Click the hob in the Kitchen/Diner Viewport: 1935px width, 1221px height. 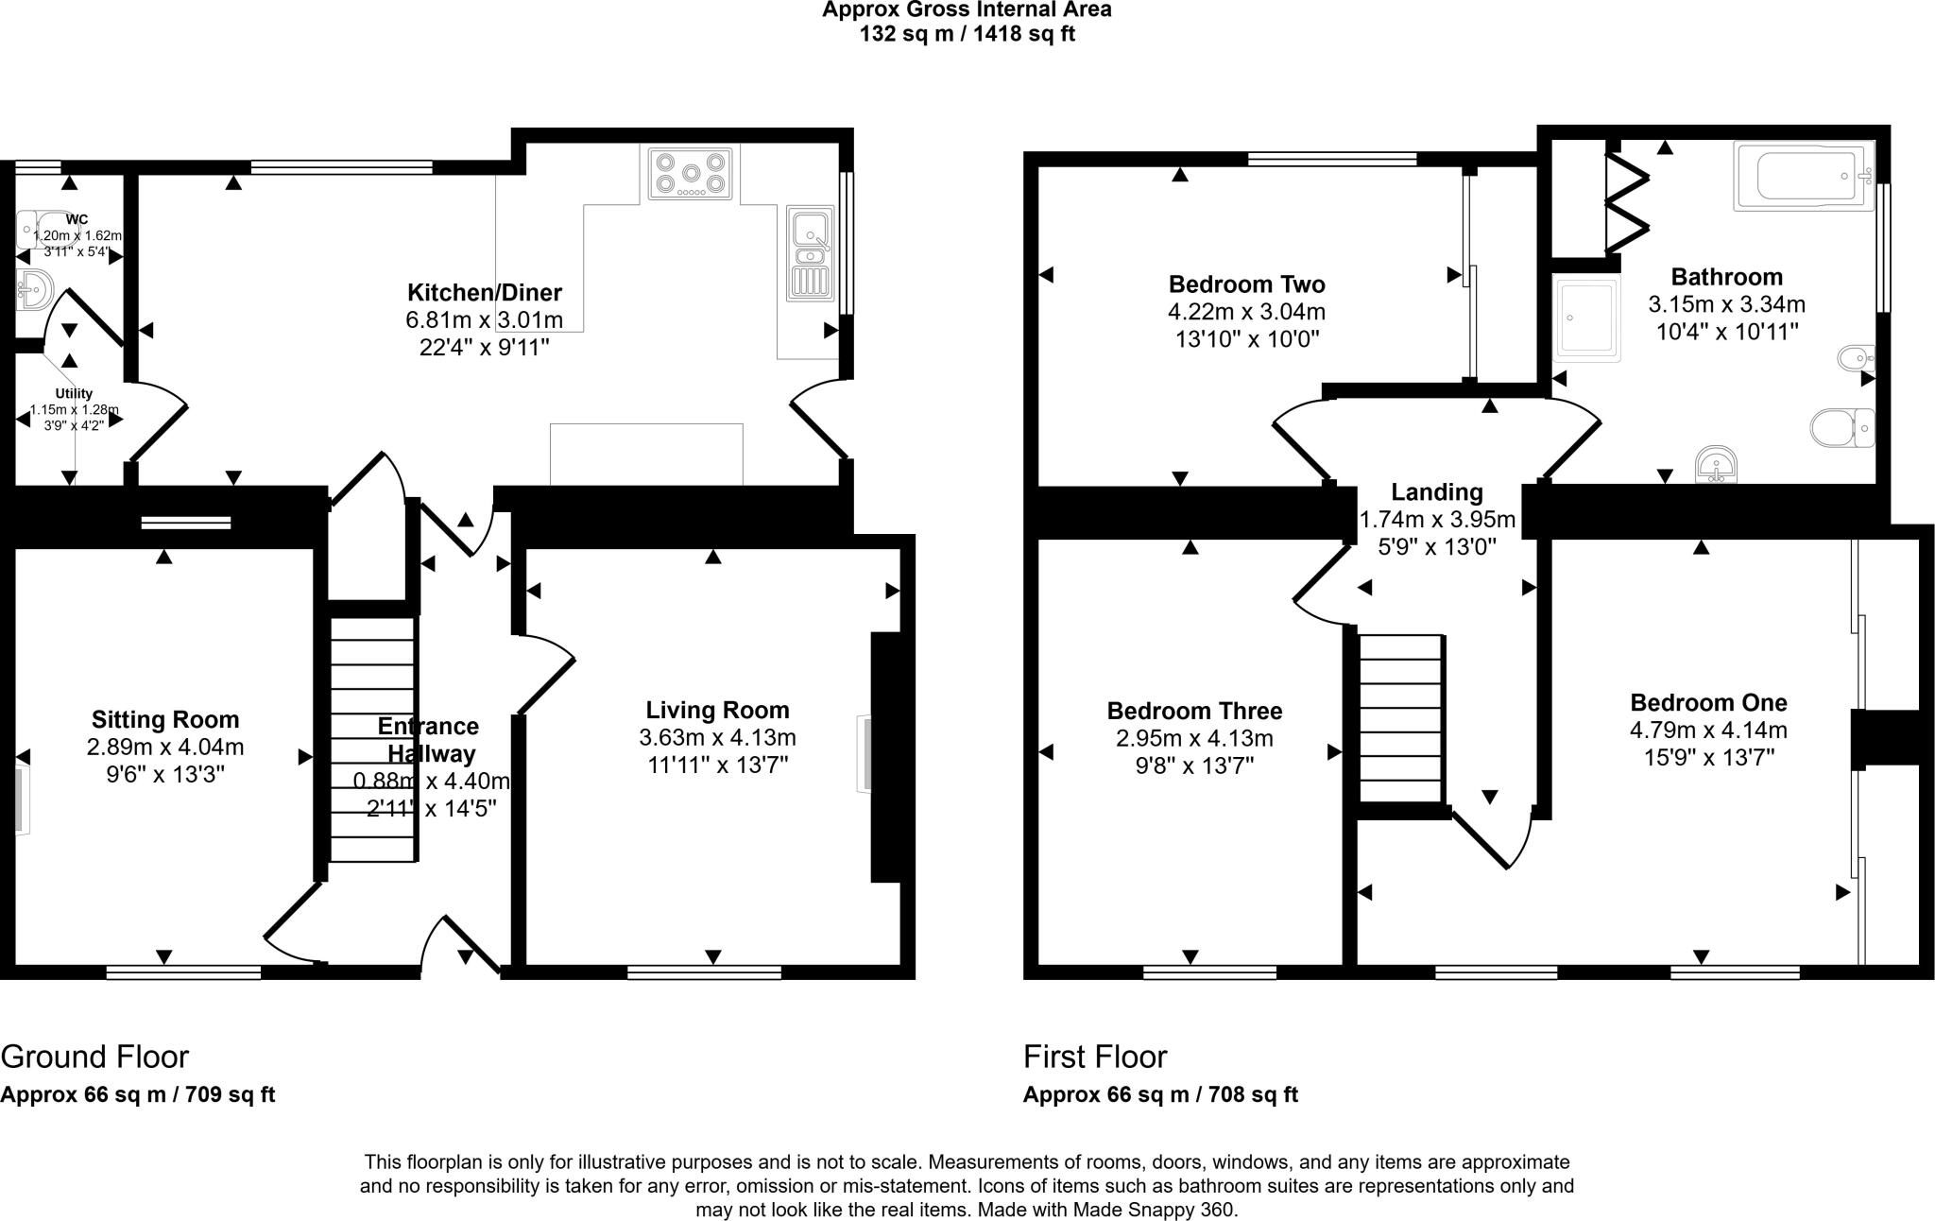(691, 174)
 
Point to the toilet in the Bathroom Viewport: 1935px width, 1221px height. (1841, 428)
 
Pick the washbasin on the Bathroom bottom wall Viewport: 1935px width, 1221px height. (1716, 466)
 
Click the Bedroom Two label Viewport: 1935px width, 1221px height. (1246, 284)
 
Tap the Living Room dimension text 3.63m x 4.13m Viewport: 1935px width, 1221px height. (717, 737)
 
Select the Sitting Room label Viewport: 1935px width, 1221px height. (165, 720)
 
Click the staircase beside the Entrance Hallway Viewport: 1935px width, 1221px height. (372, 739)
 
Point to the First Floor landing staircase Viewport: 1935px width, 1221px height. (1400, 718)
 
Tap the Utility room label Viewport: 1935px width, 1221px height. (74, 393)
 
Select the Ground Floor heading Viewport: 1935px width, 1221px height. (94, 1057)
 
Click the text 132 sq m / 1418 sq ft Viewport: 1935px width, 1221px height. (967, 35)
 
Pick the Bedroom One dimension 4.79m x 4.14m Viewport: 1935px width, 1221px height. (1707, 731)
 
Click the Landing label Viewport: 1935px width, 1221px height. (1436, 492)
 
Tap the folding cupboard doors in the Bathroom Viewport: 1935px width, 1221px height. (1628, 202)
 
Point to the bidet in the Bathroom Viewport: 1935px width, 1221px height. (1856, 359)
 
